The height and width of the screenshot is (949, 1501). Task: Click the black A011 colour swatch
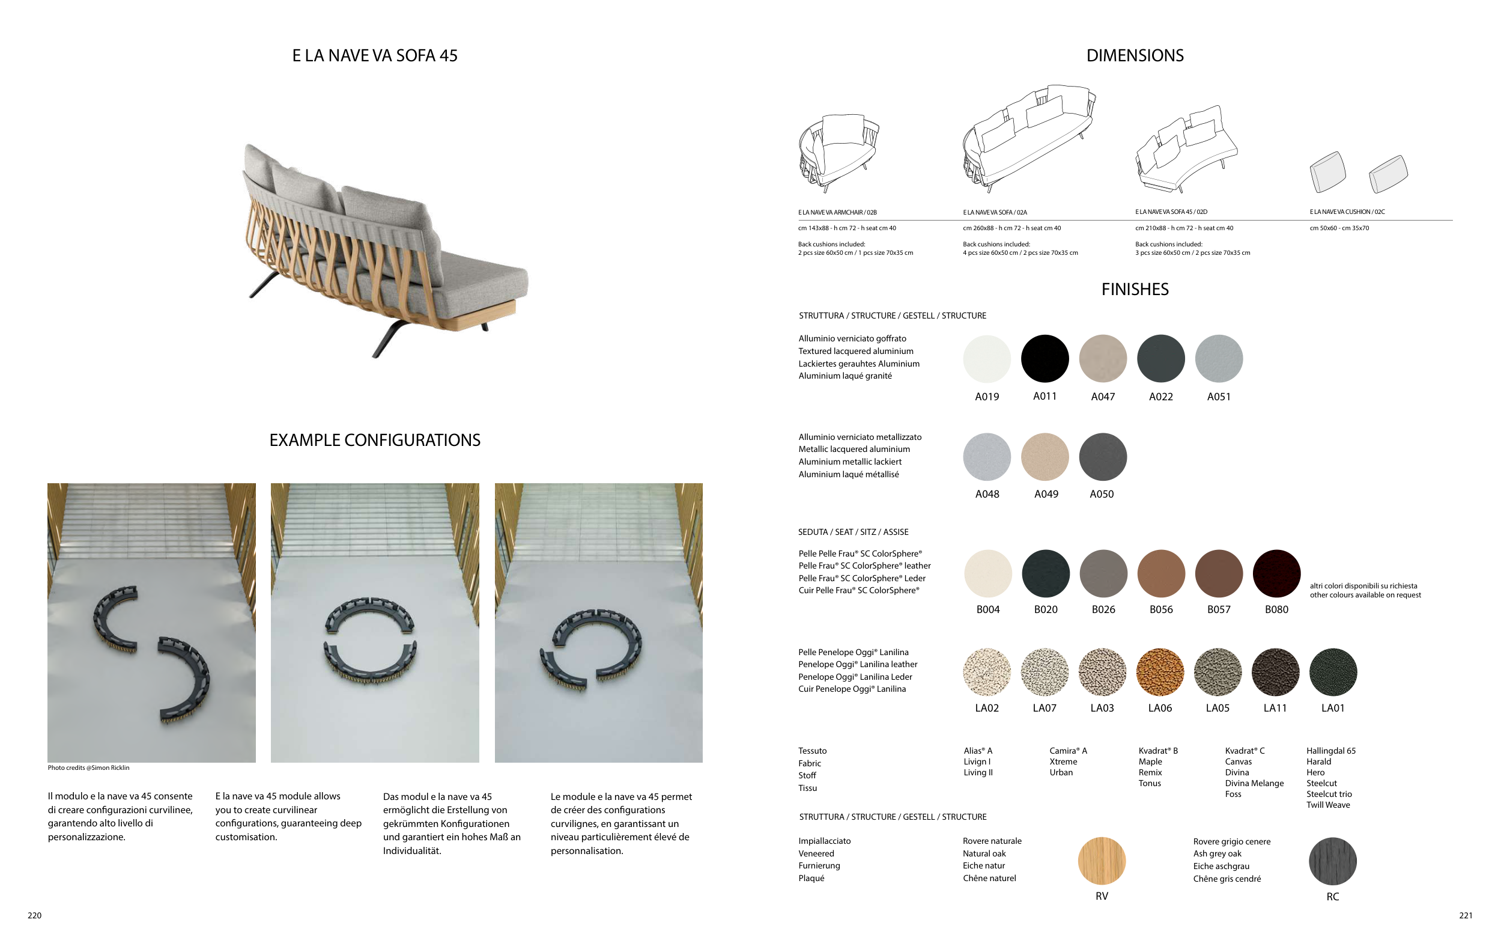click(x=1044, y=359)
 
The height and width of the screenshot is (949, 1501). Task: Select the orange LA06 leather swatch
click(x=1159, y=672)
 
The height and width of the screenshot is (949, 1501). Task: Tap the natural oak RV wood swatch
click(x=1102, y=861)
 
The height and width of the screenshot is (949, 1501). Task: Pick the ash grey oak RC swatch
click(x=1332, y=861)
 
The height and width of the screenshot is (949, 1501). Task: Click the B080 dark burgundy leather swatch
click(x=1276, y=573)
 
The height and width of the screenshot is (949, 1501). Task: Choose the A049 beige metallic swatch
click(x=1045, y=457)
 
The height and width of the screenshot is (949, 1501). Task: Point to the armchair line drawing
click(x=838, y=153)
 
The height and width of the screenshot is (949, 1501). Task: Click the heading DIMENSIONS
click(x=1135, y=55)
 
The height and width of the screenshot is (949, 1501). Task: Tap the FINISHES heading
click(x=1135, y=289)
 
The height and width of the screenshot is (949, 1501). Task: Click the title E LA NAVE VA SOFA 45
click(x=375, y=55)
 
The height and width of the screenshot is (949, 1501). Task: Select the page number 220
click(x=34, y=915)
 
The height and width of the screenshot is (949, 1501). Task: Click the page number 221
click(x=1466, y=915)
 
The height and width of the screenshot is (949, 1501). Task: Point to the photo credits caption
click(x=88, y=767)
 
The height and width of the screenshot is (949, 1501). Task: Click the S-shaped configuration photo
click(x=151, y=622)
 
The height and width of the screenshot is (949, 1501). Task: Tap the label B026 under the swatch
click(x=1103, y=609)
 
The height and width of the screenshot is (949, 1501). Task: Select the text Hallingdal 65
click(x=1331, y=751)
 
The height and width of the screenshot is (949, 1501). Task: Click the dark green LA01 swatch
click(x=1333, y=672)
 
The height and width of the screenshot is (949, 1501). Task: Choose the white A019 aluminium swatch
click(x=987, y=359)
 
